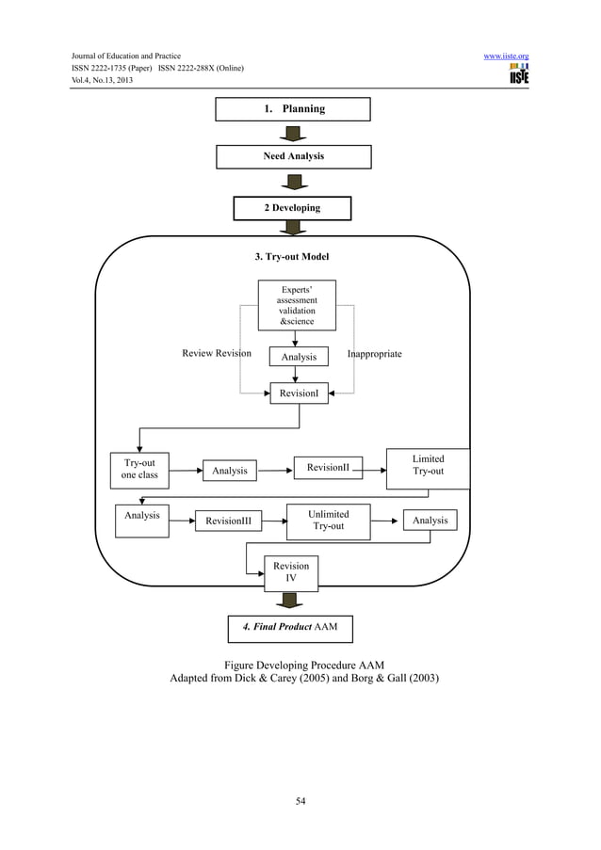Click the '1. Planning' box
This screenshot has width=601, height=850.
pos(293,109)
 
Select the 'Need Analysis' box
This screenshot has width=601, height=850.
pos(293,156)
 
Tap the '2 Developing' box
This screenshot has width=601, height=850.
pos(292,208)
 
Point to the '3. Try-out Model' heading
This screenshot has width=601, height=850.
pos(292,256)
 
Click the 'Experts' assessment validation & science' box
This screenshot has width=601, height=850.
pos(297,305)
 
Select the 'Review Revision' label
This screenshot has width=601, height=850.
pos(217,354)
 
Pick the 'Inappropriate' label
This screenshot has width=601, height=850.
pos(374,354)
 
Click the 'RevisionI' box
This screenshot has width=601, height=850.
pos(299,393)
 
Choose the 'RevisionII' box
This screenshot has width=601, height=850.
pos(327,467)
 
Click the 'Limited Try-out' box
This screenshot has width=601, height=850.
pos(428,466)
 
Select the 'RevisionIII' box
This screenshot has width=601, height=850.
pos(228,521)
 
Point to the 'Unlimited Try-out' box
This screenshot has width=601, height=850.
pos(329,521)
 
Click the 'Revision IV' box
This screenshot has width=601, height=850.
pos(291,572)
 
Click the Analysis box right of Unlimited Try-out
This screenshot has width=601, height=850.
pos(430,521)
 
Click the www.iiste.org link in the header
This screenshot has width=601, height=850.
pos(506,56)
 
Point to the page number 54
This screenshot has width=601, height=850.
pos(300,801)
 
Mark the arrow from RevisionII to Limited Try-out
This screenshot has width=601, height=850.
pos(374,466)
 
